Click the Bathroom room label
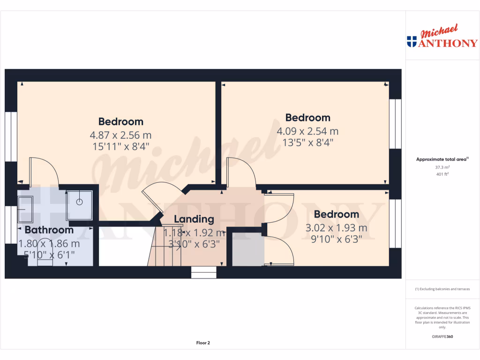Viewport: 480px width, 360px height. pyautogui.click(x=49, y=230)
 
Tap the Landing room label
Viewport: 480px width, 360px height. pyautogui.click(x=194, y=219)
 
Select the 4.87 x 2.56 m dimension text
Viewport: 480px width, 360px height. pyautogui.click(x=120, y=135)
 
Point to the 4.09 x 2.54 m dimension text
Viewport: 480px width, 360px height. pyautogui.click(x=307, y=131)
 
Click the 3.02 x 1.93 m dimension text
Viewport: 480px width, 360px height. pyautogui.click(x=336, y=228)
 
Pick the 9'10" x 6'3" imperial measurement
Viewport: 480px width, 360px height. pyautogui.click(x=336, y=240)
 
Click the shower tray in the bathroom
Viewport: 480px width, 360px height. pyautogui.click(x=79, y=204)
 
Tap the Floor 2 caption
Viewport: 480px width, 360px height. pyautogui.click(x=203, y=343)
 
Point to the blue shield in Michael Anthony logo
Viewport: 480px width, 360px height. pyautogui.click(x=412, y=41)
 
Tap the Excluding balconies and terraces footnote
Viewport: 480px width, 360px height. pyautogui.click(x=442, y=289)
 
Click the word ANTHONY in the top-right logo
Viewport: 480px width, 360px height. pyautogui.click(x=448, y=43)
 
